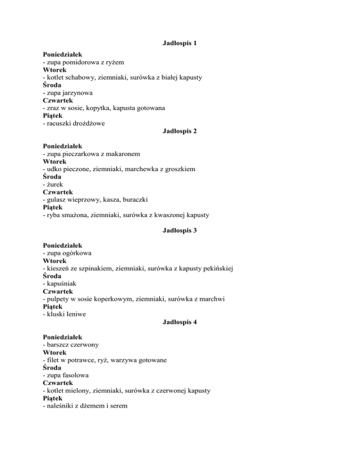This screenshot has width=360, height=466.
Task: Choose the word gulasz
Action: click(x=57, y=200)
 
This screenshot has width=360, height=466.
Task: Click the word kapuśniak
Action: click(x=61, y=284)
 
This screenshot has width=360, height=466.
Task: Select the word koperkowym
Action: click(x=120, y=299)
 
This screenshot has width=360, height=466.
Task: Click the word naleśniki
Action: click(x=60, y=406)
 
